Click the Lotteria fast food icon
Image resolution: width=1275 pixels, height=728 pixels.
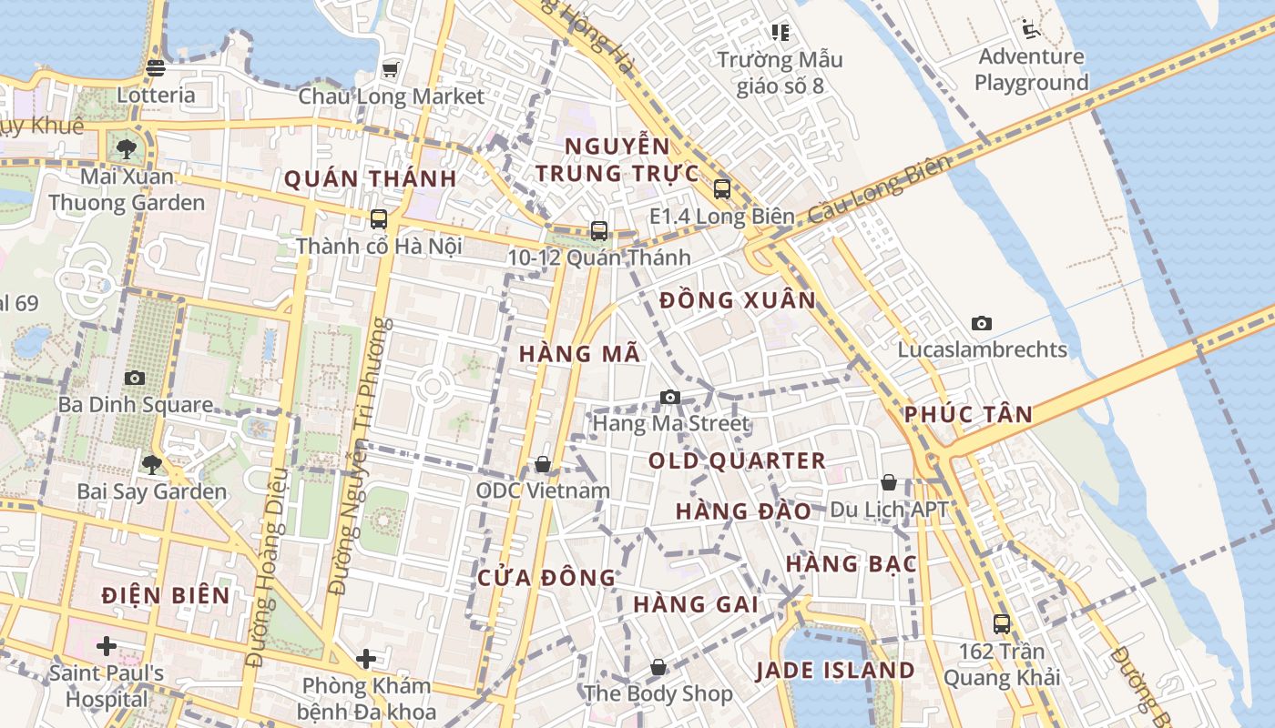click(x=156, y=67)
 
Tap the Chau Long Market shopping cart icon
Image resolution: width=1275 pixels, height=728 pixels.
click(x=391, y=69)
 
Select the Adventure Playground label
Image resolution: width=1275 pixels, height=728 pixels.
click(x=1031, y=69)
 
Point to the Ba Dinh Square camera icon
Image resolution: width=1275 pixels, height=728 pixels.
click(x=135, y=378)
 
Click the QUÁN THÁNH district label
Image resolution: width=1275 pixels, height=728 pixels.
click(x=370, y=178)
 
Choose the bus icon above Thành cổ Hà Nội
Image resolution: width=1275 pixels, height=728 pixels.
click(x=379, y=219)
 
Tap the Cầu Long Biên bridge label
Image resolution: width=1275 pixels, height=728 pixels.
click(x=880, y=189)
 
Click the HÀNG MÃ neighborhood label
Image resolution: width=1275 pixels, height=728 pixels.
click(x=580, y=354)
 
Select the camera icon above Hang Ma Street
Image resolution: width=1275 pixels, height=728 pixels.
click(x=670, y=397)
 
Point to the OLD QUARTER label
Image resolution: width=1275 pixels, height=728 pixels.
click(x=737, y=460)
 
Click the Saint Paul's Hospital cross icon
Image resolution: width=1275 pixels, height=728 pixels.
click(x=107, y=646)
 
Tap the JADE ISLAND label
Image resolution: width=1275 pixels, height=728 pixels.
click(x=835, y=671)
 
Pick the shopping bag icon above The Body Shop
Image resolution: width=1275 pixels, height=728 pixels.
click(x=658, y=668)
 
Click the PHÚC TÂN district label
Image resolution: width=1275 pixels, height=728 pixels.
click(x=968, y=415)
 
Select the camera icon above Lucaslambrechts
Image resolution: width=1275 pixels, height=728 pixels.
click(x=982, y=323)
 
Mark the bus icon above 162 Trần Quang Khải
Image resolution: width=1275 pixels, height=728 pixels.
click(x=1002, y=624)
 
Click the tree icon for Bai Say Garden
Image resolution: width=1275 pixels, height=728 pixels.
click(x=152, y=465)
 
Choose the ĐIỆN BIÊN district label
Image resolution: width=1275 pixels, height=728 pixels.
click(x=166, y=596)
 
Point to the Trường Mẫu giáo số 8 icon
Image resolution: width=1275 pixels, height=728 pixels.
click(x=780, y=33)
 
